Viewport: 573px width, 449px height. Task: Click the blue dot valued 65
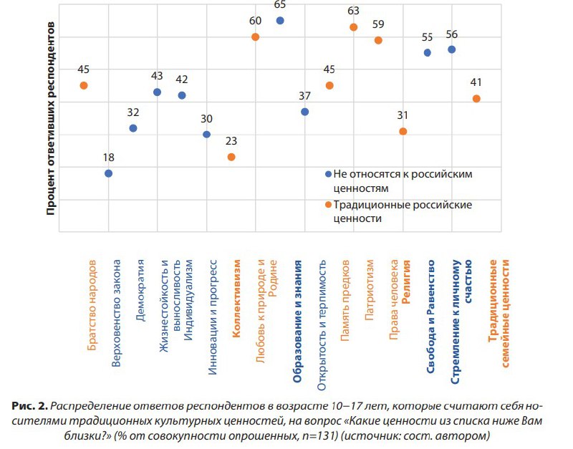[280, 21]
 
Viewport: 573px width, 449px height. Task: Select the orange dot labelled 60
[255, 37]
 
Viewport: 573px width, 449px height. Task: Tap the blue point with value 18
[108, 173]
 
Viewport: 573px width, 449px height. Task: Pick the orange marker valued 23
[231, 157]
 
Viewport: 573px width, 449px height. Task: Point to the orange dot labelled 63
[353, 27]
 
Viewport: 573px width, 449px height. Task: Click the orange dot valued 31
[403, 131]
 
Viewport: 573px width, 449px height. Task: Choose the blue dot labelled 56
[451, 49]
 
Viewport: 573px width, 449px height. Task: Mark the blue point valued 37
[305, 112]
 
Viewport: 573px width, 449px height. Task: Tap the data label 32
[133, 113]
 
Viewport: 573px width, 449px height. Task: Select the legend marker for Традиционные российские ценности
[328, 205]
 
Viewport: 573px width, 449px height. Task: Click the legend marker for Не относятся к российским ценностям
[328, 174]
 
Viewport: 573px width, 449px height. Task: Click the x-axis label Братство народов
[92, 304]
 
